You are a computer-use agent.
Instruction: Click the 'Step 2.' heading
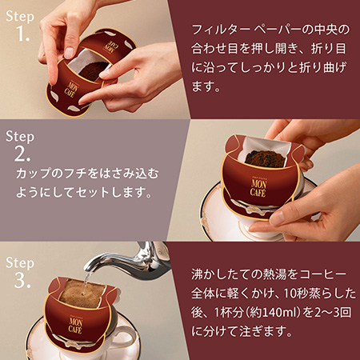[20, 145]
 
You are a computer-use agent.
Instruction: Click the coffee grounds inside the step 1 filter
[92, 70]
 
